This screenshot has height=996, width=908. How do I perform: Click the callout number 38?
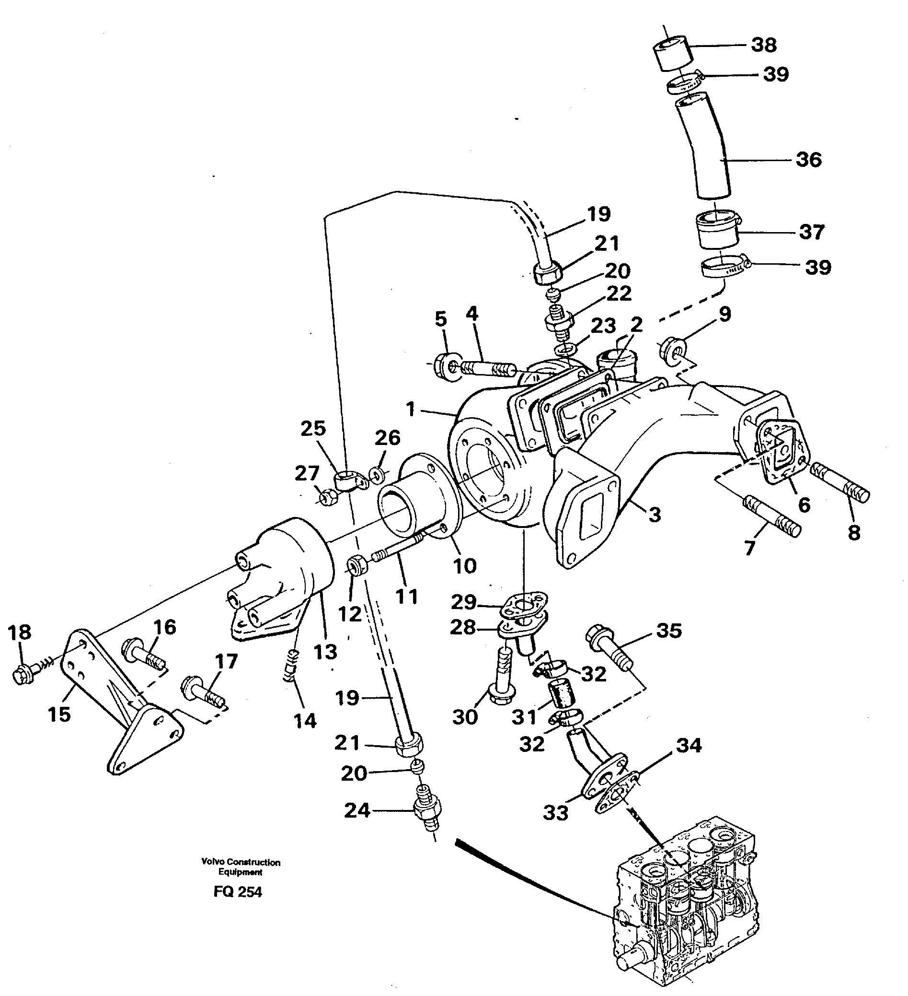click(x=763, y=45)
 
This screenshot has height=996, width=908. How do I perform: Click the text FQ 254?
click(x=238, y=892)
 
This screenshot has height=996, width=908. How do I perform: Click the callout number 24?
click(x=356, y=811)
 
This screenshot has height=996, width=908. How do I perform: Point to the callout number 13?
click(x=325, y=652)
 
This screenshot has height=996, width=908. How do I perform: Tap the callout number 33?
click(x=556, y=813)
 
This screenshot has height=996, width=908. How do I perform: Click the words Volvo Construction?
click(x=241, y=862)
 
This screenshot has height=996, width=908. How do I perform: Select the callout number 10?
click(x=464, y=566)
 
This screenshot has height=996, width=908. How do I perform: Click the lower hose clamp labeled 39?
click(x=722, y=269)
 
